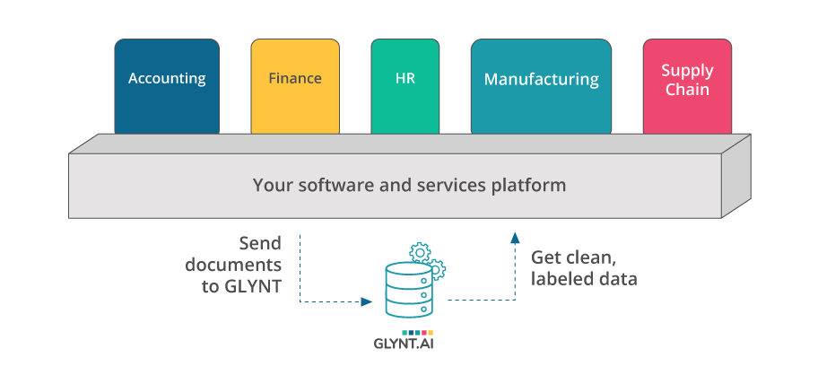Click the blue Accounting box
pos(167,86)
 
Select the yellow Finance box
pos(295,86)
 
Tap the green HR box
pos(405,86)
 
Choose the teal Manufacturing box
pos(541,86)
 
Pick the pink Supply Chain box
pos(687,86)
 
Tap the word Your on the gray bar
pos(270,186)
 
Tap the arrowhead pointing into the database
pos(367,302)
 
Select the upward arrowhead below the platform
pos(515,238)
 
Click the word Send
pos(260,243)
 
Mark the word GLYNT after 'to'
pos(255,286)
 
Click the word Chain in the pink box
pos(687,90)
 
